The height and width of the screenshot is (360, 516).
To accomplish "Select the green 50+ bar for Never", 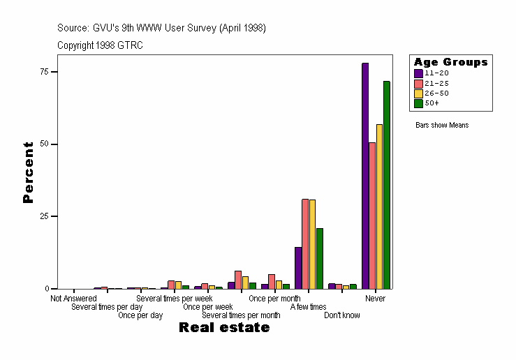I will pyautogui.click(x=386, y=185).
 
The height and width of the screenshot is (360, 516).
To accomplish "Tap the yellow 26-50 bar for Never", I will pyautogui.click(x=379, y=207).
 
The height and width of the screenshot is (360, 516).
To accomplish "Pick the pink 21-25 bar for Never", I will pyautogui.click(x=372, y=216).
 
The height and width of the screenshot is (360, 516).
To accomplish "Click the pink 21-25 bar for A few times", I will pyautogui.click(x=305, y=243).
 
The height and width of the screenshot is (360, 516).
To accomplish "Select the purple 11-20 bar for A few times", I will pyautogui.click(x=298, y=268).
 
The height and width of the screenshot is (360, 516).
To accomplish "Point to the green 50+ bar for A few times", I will pyautogui.click(x=320, y=258).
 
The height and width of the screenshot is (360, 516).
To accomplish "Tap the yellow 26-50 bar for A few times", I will pyautogui.click(x=312, y=244).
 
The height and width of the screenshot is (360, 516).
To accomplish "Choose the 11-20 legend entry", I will pyautogui.click(x=436, y=73).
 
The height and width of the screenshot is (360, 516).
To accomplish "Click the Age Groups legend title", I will pyautogui.click(x=450, y=62).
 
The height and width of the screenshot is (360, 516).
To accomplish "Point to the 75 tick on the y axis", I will pyautogui.click(x=43, y=72).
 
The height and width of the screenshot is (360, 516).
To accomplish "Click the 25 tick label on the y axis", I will pyautogui.click(x=43, y=216).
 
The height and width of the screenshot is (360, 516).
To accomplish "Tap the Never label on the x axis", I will pyautogui.click(x=375, y=299).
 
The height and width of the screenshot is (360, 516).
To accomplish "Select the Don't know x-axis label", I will pyautogui.click(x=342, y=315).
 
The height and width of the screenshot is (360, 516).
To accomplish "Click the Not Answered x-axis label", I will pyautogui.click(x=73, y=299).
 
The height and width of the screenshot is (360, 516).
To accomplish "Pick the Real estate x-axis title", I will pyautogui.click(x=224, y=328).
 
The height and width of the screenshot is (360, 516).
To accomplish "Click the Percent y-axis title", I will pyautogui.click(x=28, y=172).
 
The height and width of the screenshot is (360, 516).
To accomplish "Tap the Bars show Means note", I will pyautogui.click(x=442, y=126).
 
